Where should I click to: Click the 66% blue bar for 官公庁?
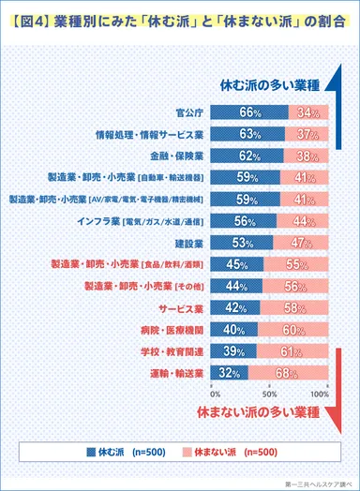pyautogui.click(x=249, y=113)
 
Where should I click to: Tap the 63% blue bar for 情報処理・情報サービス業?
pyautogui.click(x=247, y=134)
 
